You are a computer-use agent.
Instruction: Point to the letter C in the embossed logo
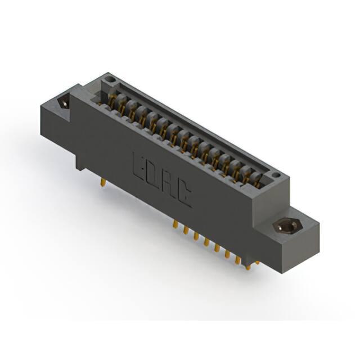(184, 194)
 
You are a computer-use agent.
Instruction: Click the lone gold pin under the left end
(103, 183)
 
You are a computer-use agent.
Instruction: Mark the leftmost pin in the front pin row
(175, 224)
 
